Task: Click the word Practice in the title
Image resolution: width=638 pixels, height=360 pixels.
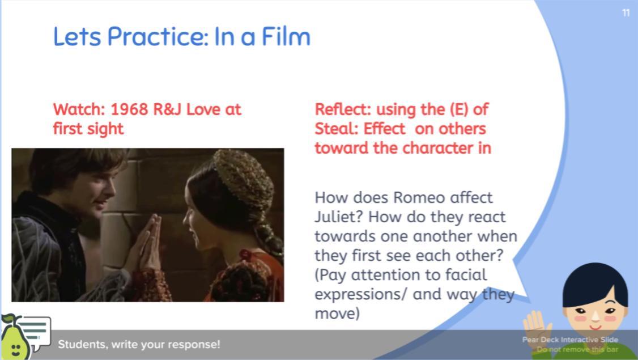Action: click(158, 37)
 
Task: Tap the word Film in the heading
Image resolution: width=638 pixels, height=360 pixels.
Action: click(286, 36)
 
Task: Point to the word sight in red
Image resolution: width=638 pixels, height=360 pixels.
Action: click(103, 129)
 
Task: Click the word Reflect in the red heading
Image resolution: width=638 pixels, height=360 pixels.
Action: click(343, 109)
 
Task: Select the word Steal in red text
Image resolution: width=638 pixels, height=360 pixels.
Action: click(336, 129)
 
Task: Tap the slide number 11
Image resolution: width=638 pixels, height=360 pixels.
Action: click(626, 13)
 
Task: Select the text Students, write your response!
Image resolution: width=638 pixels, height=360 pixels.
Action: click(139, 345)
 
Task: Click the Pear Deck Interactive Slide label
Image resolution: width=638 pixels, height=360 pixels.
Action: click(570, 340)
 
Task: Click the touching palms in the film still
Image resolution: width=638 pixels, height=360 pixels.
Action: click(149, 244)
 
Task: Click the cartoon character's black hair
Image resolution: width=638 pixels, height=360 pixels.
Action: click(595, 282)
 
